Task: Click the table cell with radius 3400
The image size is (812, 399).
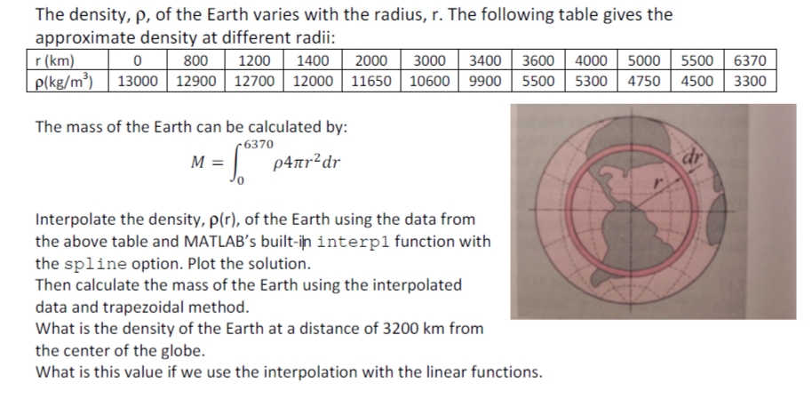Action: tap(486, 62)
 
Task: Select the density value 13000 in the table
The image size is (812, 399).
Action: tap(138, 81)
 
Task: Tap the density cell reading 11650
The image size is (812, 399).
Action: tap(375, 81)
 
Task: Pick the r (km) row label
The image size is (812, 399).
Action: tap(52, 62)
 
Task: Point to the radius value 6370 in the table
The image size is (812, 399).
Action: tap(752, 62)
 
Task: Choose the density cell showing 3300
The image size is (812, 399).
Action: tap(752, 81)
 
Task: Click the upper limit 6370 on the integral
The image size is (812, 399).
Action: tap(259, 142)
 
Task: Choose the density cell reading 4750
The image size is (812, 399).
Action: tap(644, 81)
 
